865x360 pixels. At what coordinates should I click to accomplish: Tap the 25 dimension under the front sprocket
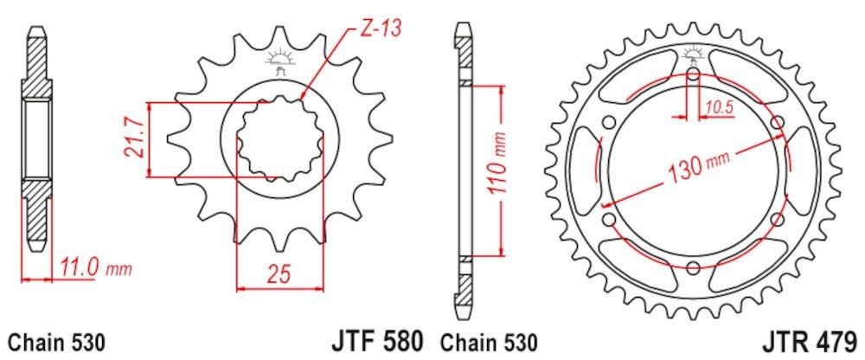(278, 275)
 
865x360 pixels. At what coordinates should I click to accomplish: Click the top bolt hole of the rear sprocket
(694, 74)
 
